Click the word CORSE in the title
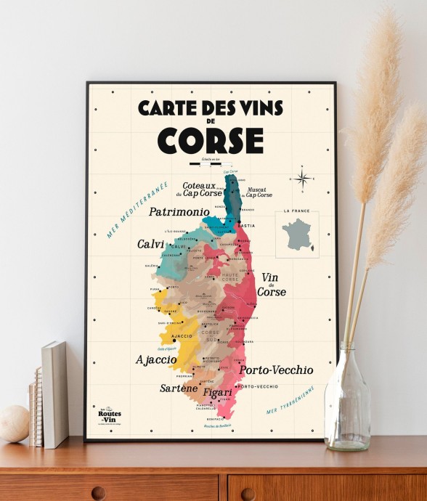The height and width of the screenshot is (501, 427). tap(211, 139)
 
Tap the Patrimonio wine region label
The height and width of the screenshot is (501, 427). tap(179, 213)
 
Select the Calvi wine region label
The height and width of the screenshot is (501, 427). tap(151, 245)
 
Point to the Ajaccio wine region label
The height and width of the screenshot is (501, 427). tap(156, 359)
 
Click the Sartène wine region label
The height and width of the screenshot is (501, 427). tap(179, 388)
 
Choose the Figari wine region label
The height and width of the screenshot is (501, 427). tap(217, 393)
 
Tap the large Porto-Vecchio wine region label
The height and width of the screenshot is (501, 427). tap(276, 370)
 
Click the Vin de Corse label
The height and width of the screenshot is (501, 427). tap(271, 284)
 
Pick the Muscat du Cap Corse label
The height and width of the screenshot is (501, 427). tap(259, 191)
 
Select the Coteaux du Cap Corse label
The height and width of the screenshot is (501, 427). tap(200, 189)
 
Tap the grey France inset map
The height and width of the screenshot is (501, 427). tap(296, 234)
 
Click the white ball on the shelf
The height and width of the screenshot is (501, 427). tap(14, 423)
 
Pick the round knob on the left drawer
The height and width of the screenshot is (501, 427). tap(98, 493)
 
